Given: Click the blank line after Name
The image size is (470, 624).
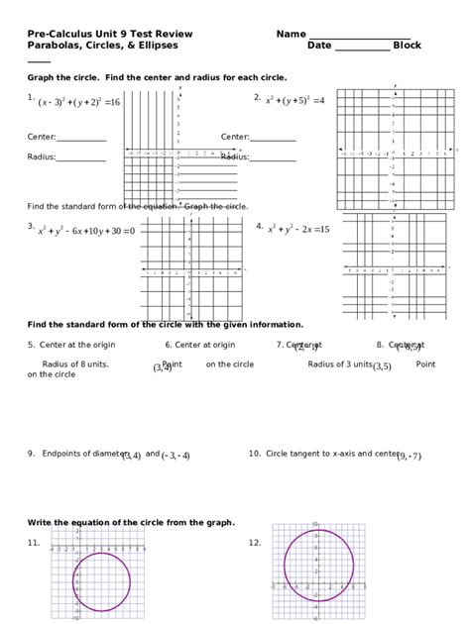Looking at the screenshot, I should [359, 36].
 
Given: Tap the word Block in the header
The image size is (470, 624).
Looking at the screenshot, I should [408, 46].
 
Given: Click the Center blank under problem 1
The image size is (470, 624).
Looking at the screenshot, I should [81, 138].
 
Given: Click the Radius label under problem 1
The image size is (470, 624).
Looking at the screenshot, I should [42, 156].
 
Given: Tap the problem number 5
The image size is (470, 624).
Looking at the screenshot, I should [31, 345].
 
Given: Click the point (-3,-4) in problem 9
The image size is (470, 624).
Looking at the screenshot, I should [176, 456].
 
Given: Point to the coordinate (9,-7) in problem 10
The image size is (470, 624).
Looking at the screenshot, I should [409, 457].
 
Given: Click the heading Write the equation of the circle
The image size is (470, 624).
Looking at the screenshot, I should [131, 522].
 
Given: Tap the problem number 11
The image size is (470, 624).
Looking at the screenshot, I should [34, 542].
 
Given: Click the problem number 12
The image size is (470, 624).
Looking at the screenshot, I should [255, 542].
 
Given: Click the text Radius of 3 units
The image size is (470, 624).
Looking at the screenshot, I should [339, 364].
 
